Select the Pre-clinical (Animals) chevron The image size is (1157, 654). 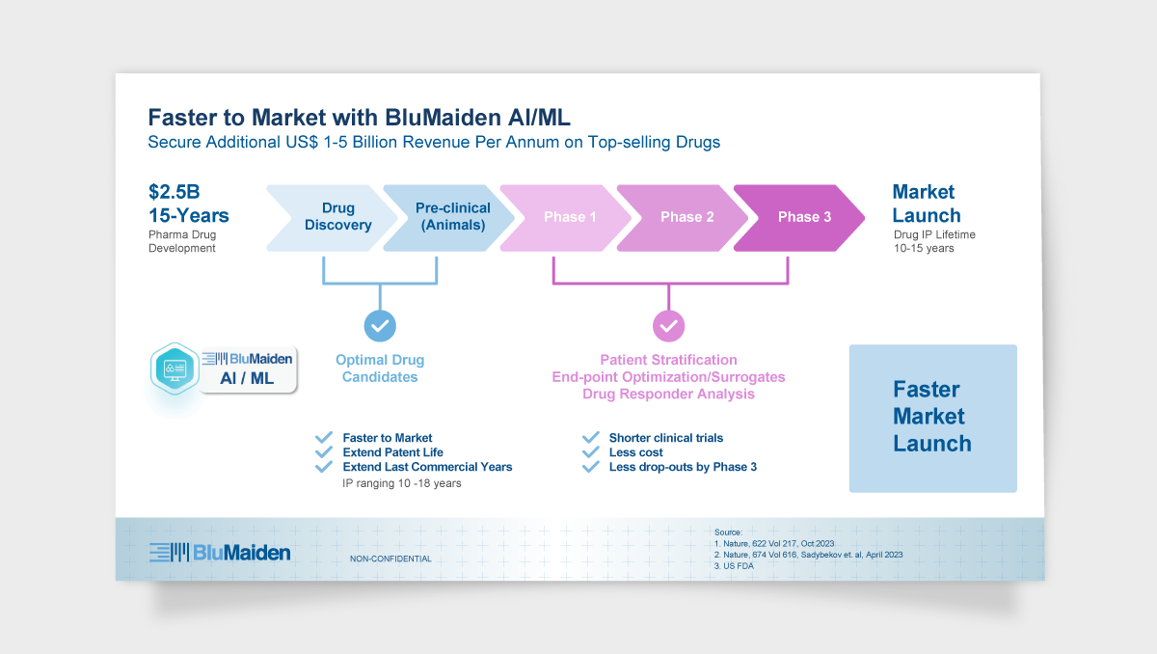click(x=451, y=217)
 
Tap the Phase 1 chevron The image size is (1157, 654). click(x=569, y=217)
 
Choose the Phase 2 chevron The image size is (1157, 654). click(x=686, y=217)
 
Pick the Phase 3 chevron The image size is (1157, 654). click(x=803, y=217)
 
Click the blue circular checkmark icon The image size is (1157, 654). click(x=380, y=325)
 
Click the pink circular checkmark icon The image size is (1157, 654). click(x=669, y=325)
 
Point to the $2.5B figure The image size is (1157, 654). click(x=174, y=192)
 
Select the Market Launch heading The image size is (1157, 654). click(x=926, y=204)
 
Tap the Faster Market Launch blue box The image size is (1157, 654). click(x=932, y=418)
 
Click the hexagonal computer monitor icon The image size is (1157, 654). click(x=175, y=368)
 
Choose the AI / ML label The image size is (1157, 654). click(x=247, y=379)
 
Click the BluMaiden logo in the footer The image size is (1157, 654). click(x=220, y=553)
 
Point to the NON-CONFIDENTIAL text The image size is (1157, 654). click(x=390, y=559)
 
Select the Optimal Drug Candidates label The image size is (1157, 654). click(x=380, y=368)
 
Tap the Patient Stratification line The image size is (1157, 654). click(x=668, y=360)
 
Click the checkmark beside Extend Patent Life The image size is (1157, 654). click(x=324, y=452)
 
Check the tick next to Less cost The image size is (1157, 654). click(x=590, y=452)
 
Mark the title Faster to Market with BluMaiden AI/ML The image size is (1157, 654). click(x=359, y=118)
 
